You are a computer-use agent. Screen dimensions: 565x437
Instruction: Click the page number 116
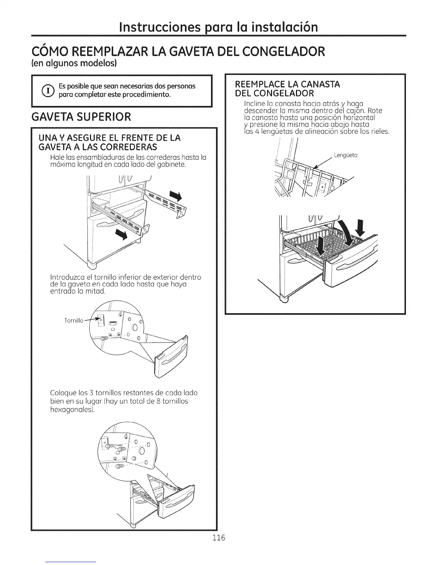click(218, 538)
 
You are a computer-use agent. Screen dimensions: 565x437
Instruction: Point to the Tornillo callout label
click(74, 320)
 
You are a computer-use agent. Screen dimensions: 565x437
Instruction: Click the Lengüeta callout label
click(346, 155)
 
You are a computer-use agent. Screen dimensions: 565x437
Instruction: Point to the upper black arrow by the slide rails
click(176, 195)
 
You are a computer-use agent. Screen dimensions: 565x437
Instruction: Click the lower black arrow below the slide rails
click(122, 236)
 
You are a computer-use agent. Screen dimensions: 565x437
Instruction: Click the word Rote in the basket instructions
click(375, 111)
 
